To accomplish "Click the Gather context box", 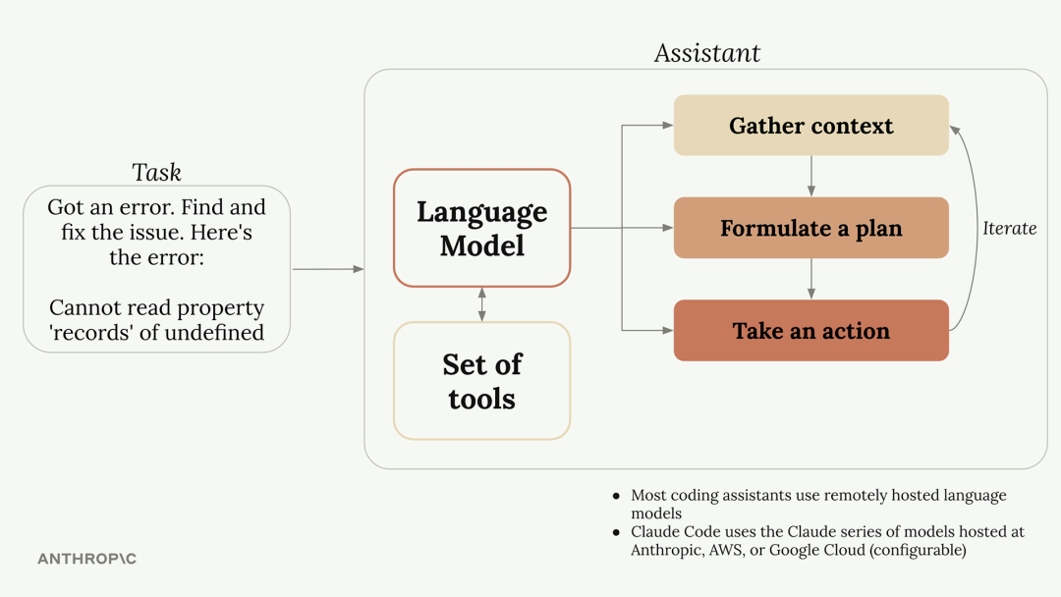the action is [x=810, y=125].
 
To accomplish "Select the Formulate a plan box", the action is [x=810, y=228].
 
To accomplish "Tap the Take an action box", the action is [x=810, y=331].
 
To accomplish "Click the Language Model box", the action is [x=481, y=228].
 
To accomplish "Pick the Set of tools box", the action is [x=481, y=381].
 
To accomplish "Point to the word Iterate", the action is [x=1009, y=229].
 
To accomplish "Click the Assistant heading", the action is [x=707, y=53].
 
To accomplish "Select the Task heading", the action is [x=156, y=173].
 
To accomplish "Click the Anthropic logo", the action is [x=87, y=559].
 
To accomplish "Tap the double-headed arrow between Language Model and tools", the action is [x=481, y=304].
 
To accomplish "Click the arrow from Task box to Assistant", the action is [x=328, y=269].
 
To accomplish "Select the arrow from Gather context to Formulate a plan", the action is [x=811, y=177].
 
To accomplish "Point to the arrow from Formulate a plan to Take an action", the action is [x=811, y=279].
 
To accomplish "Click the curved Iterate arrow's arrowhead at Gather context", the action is [x=954, y=130].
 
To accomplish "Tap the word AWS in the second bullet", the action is [x=725, y=550].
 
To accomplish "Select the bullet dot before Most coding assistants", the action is [x=616, y=496].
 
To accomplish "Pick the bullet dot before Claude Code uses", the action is [x=616, y=533].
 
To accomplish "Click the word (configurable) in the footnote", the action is [x=918, y=550].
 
